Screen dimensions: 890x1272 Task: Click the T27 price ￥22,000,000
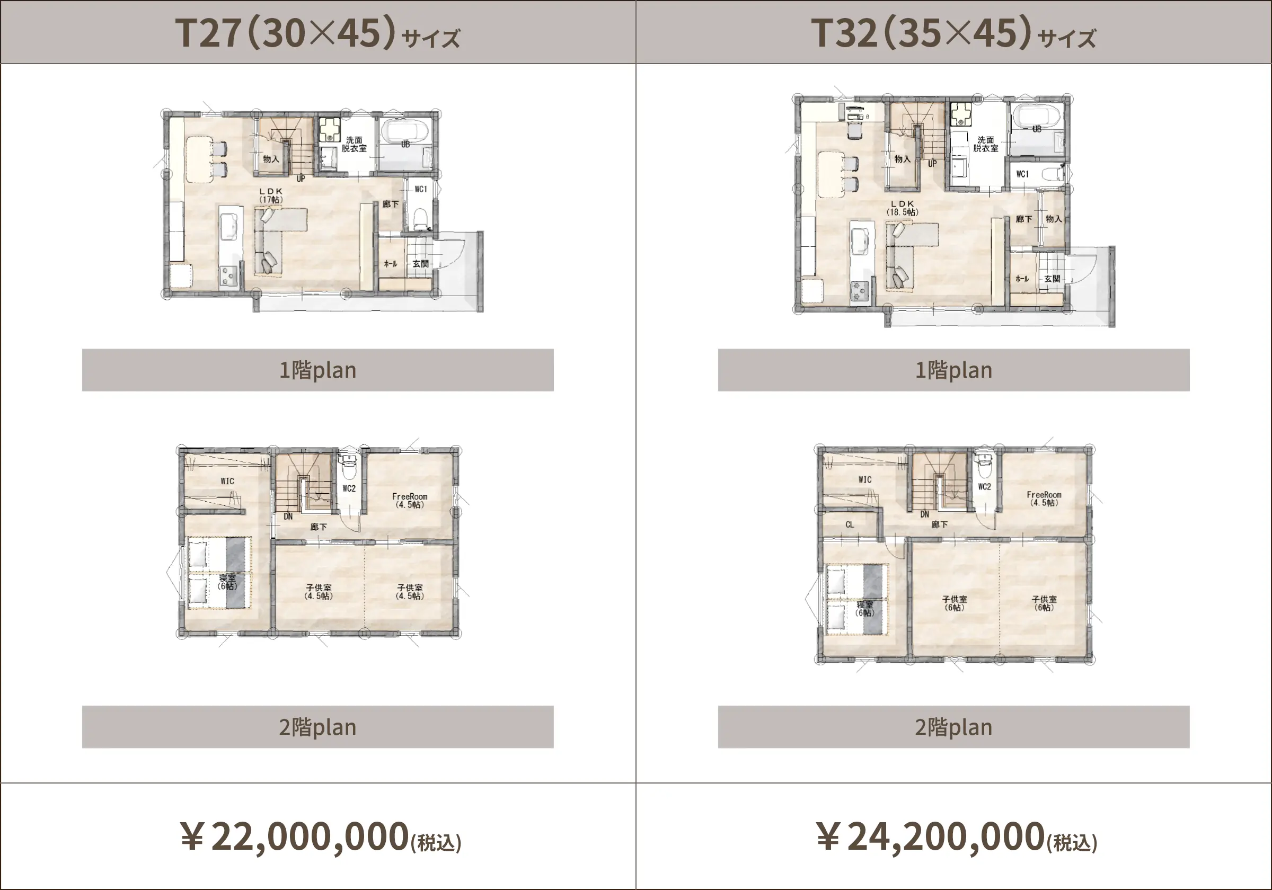coord(320,837)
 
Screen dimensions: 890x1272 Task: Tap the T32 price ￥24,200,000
coord(956,837)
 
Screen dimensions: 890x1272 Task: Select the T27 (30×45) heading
coord(317,33)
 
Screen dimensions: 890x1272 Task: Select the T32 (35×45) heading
coord(953,33)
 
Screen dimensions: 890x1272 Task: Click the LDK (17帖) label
coord(271,195)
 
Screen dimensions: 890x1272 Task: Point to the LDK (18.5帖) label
coord(903,208)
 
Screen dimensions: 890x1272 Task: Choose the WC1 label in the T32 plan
coord(1022,174)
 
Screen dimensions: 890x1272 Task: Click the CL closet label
coord(850,524)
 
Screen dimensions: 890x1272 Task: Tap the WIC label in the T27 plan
coord(227,480)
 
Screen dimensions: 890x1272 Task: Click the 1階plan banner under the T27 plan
coord(317,370)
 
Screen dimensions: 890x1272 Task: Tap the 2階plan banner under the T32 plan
coord(953,727)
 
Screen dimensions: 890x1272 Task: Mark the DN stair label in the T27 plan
coord(288,516)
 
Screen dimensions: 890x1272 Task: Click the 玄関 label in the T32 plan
coord(1053,279)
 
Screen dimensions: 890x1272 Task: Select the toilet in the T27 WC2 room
coord(348,467)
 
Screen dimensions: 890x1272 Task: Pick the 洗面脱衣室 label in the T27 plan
coord(354,144)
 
